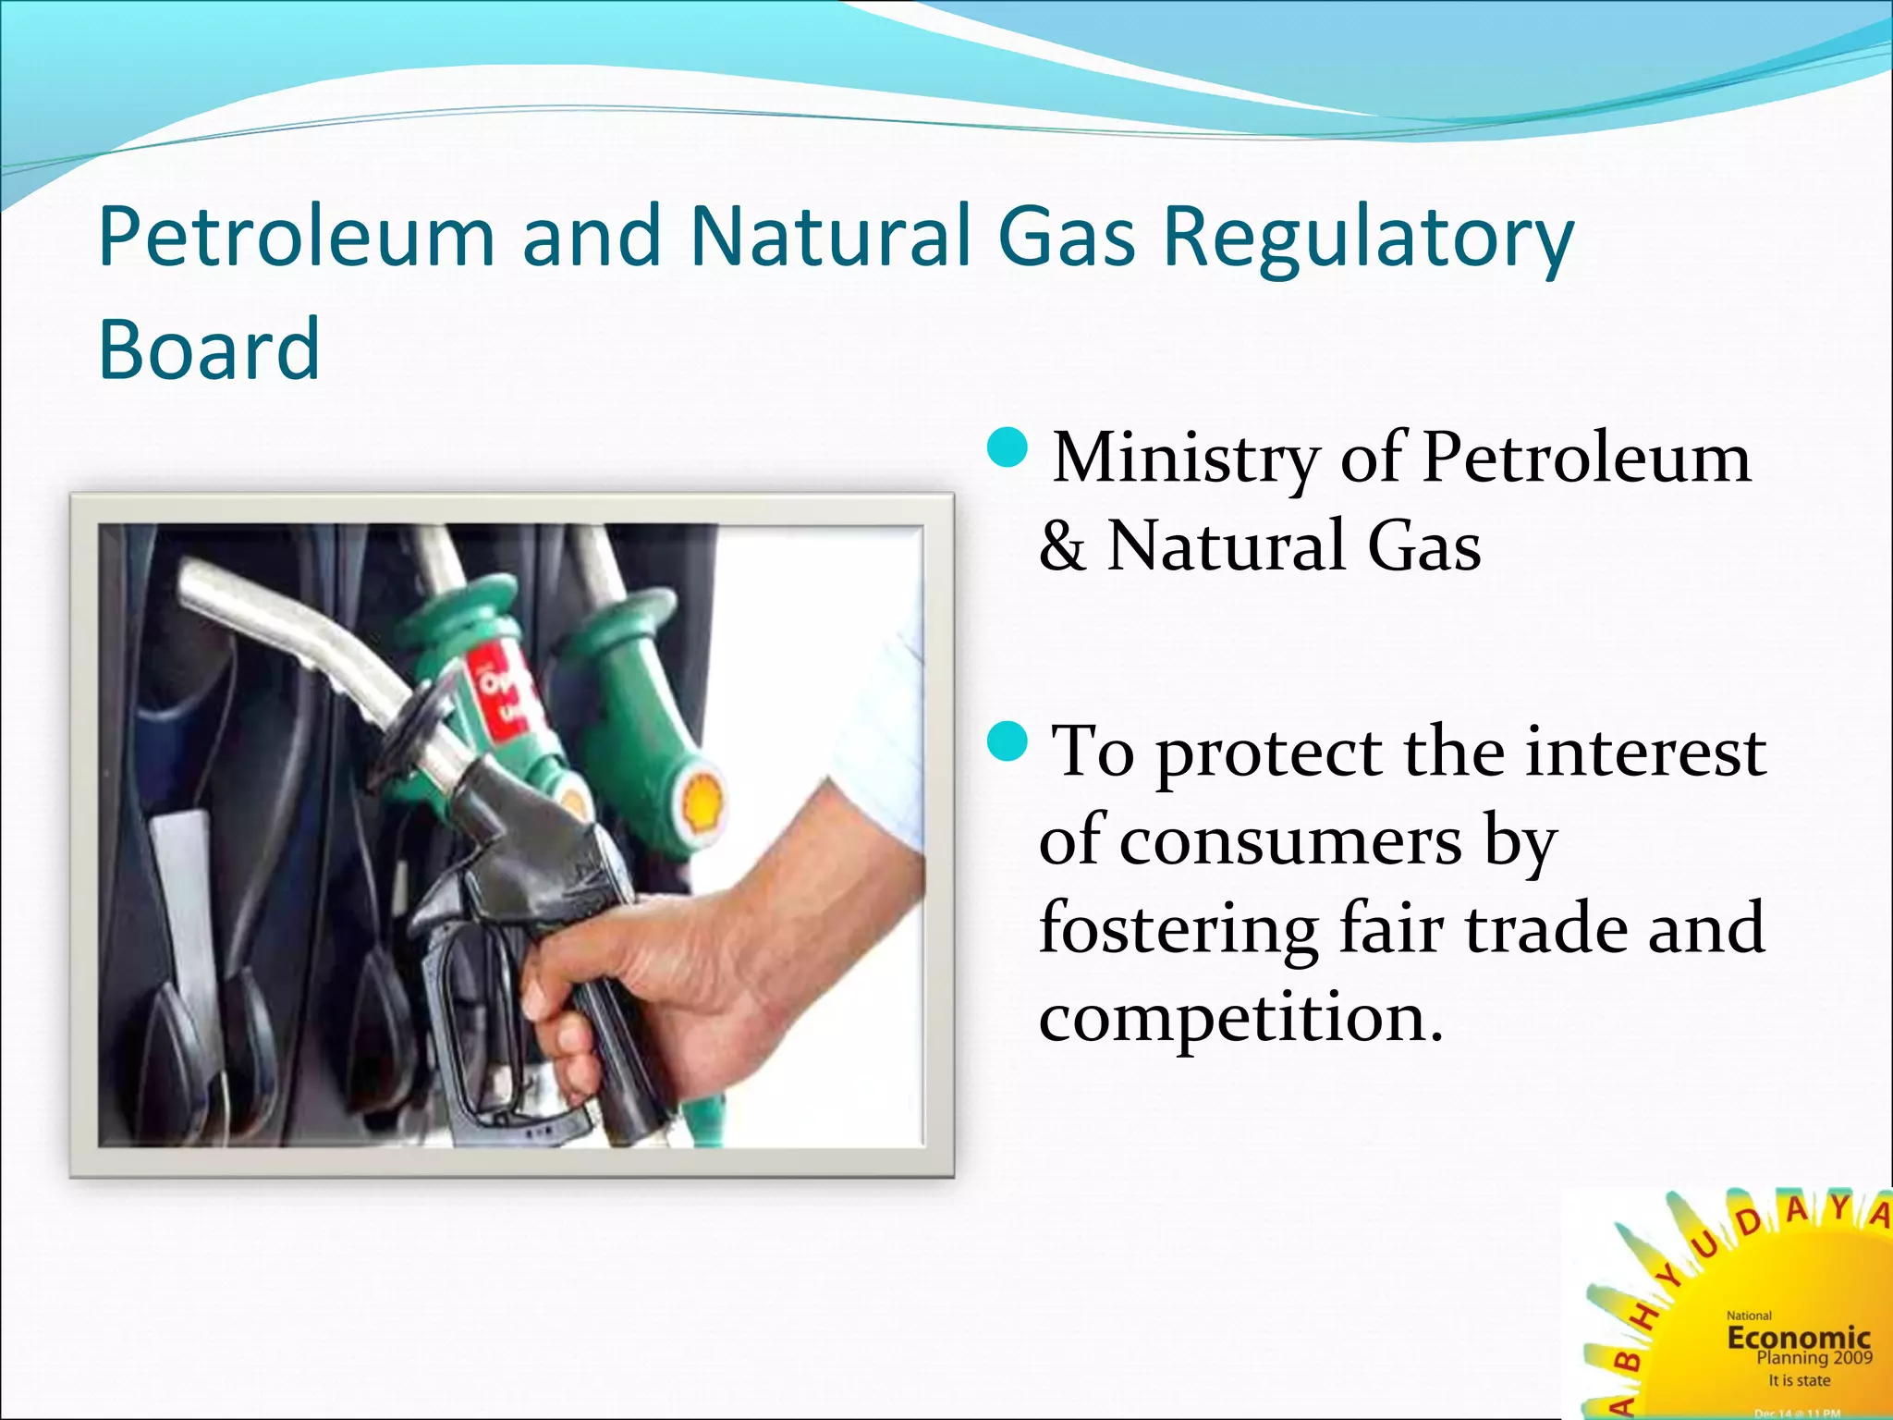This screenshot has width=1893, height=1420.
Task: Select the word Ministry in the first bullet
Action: (1186, 459)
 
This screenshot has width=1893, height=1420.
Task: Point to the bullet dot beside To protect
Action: (1007, 741)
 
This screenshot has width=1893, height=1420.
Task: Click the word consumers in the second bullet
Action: (1290, 841)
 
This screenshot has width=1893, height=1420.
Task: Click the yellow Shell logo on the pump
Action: (702, 800)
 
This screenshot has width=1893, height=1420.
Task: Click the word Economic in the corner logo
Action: (1798, 1337)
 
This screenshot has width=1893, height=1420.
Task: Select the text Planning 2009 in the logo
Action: (1814, 1358)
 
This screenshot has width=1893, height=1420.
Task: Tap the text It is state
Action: (1799, 1380)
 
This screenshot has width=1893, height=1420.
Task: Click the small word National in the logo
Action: (1749, 1316)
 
